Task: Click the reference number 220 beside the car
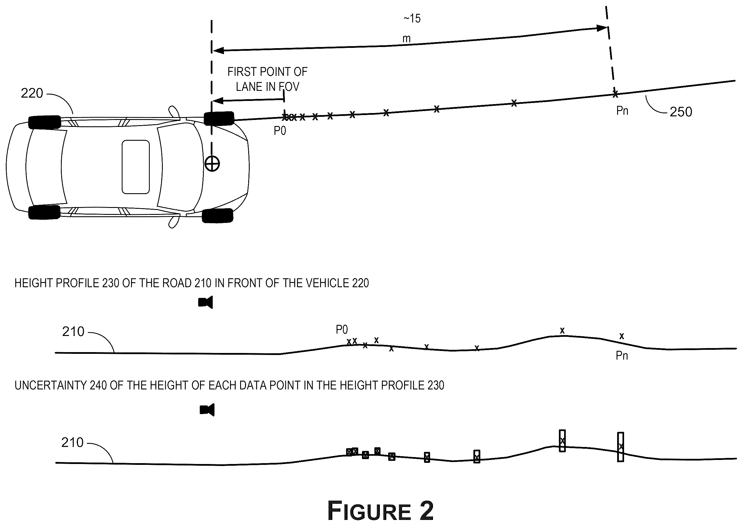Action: click(32, 93)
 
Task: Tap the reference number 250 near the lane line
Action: click(681, 112)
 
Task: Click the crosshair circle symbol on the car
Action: click(212, 164)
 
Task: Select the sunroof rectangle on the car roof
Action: click(135, 167)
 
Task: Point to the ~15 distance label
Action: click(412, 18)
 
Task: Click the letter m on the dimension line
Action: click(406, 39)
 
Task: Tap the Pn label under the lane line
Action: click(622, 111)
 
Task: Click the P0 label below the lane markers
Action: click(280, 131)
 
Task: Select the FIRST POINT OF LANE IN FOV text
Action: click(268, 79)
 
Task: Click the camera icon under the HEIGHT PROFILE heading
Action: click(206, 302)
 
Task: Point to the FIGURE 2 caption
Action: click(380, 510)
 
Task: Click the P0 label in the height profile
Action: click(342, 330)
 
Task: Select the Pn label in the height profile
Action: click(622, 356)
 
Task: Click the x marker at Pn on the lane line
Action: click(615, 94)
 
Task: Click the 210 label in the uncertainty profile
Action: click(72, 442)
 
